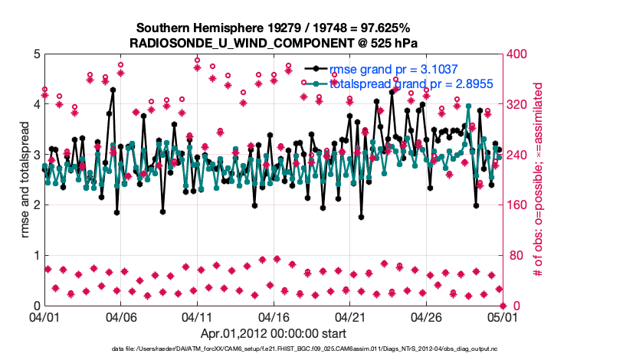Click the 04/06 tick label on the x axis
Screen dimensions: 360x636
coord(120,316)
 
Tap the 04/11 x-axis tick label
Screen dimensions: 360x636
coord(197,316)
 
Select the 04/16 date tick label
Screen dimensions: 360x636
coord(274,316)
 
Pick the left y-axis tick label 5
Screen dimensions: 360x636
coord(36,54)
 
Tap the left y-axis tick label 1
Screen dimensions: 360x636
coord(36,255)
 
